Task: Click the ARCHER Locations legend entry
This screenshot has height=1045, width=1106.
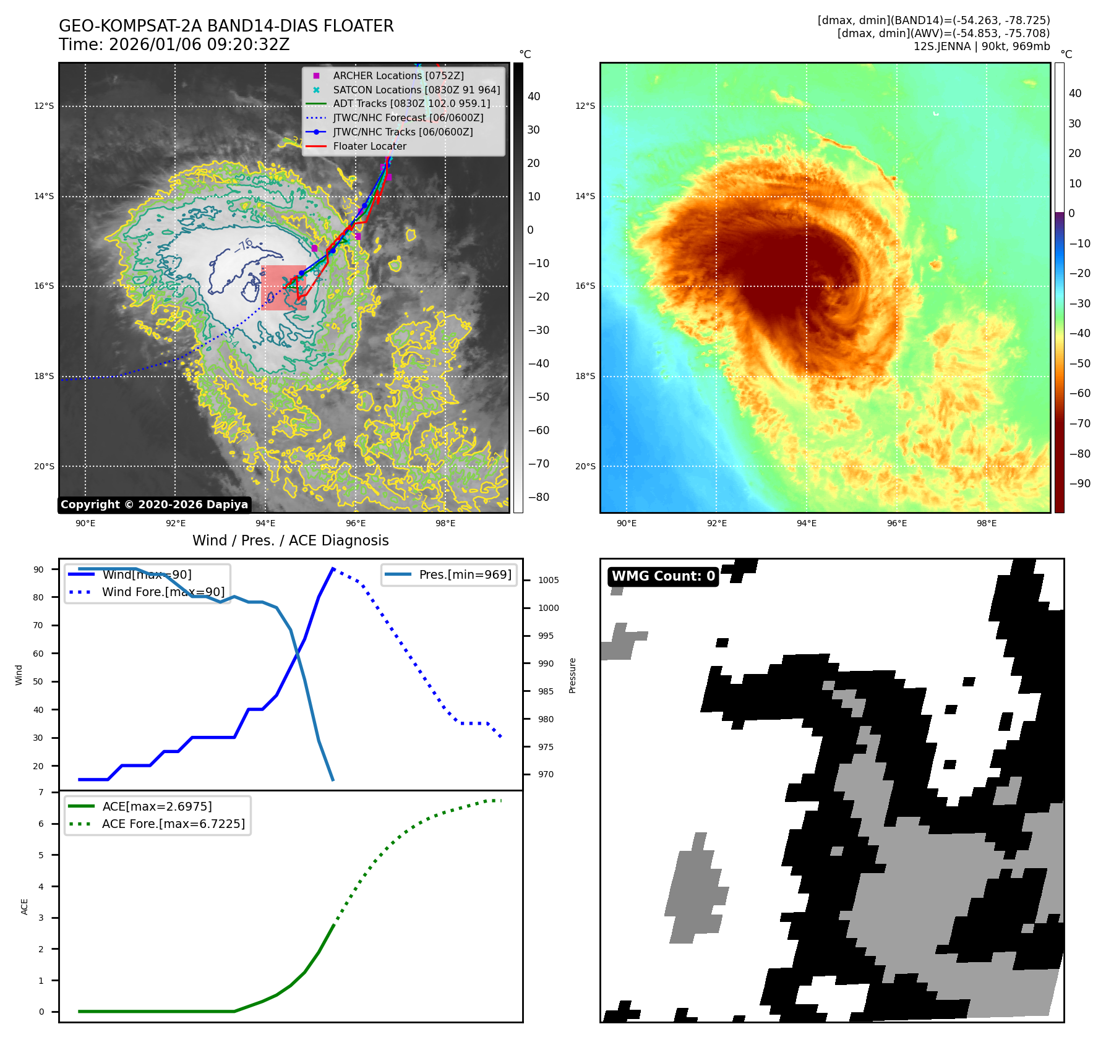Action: pos(398,75)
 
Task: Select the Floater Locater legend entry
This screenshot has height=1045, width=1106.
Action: pos(369,147)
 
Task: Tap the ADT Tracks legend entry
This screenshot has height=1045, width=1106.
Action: pos(411,104)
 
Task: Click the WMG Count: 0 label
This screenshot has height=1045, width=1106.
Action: pos(663,576)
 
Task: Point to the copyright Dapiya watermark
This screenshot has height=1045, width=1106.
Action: pos(154,505)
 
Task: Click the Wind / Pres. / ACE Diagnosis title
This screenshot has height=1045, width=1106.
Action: pos(290,540)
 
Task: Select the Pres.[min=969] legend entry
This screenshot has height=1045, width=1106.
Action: pos(465,574)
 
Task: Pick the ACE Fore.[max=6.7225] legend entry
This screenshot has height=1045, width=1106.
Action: pos(173,824)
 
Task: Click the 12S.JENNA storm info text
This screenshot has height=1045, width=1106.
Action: pos(981,46)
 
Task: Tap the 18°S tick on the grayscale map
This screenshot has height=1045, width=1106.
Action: pos(44,376)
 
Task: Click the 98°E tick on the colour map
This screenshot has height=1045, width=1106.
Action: pos(986,523)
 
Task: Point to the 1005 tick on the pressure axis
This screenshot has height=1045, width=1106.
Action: pos(548,580)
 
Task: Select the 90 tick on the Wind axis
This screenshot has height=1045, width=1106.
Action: pos(38,569)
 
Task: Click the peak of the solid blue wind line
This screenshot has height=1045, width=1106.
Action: pos(333,568)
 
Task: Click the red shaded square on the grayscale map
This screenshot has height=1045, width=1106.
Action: pos(283,288)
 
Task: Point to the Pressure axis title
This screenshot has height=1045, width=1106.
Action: pos(572,675)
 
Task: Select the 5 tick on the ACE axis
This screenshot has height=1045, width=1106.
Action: pos(41,855)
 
